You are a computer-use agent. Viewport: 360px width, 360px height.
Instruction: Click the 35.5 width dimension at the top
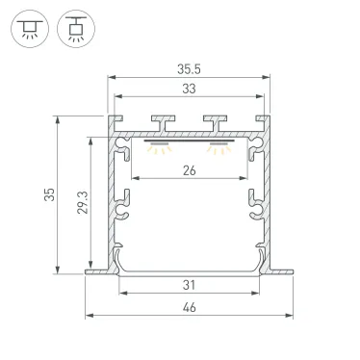pos(189,69)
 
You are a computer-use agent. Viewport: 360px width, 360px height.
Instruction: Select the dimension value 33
pos(189,89)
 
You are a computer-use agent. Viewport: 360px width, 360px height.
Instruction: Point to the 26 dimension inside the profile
pos(189,172)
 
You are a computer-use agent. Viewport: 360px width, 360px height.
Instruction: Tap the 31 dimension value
pos(189,285)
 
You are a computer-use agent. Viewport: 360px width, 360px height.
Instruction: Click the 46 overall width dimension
pos(189,307)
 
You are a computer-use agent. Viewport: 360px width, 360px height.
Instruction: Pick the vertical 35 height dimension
pos(49,194)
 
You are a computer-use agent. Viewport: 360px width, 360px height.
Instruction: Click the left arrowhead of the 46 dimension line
pos(89,315)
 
